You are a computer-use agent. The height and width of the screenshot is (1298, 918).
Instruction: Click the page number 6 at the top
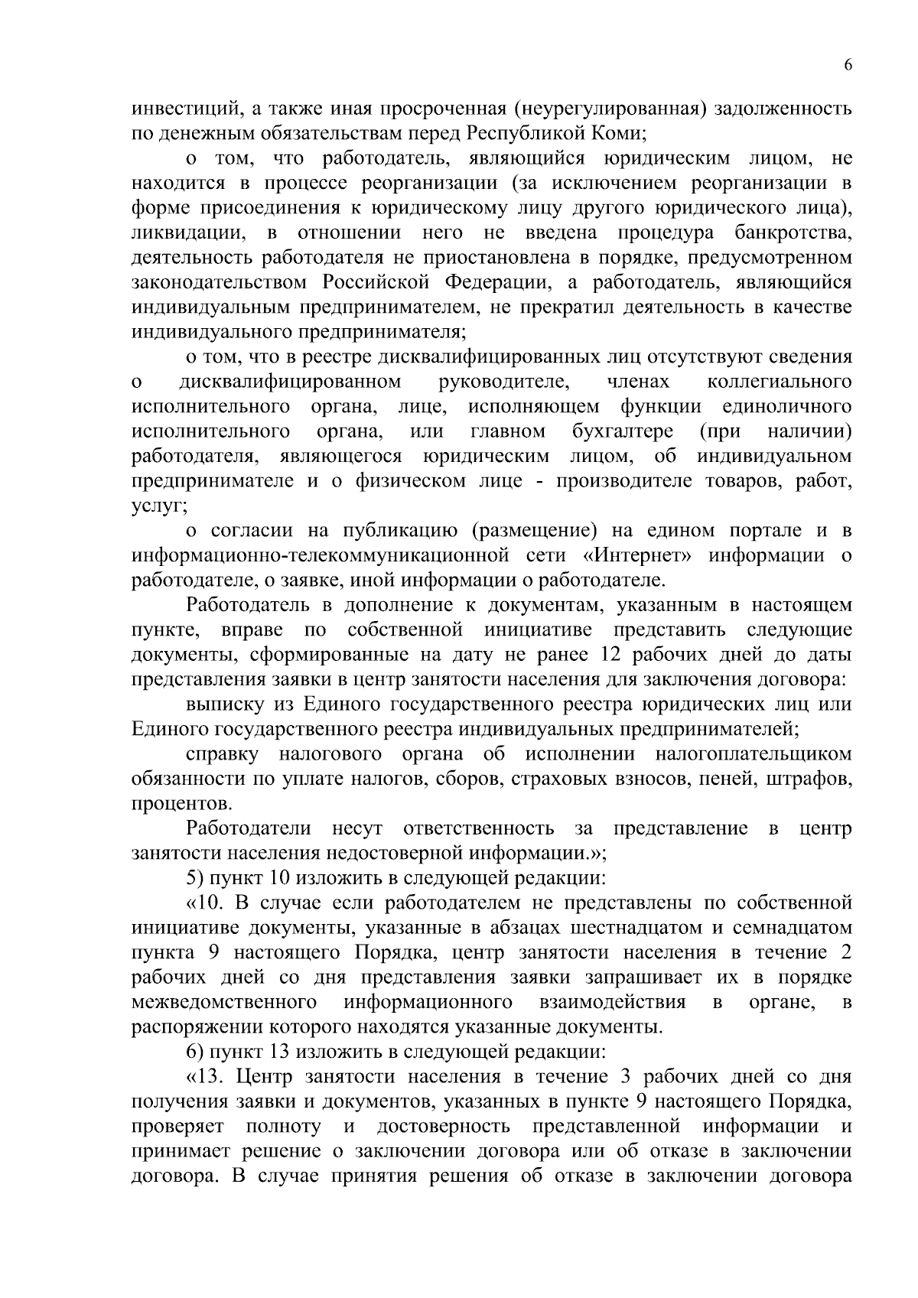coord(848,65)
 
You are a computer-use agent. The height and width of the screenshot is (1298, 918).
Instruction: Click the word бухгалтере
coord(622,431)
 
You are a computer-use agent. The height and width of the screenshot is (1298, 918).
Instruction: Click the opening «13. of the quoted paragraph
coord(204,1076)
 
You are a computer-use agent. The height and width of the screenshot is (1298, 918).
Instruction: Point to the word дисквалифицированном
coord(291,382)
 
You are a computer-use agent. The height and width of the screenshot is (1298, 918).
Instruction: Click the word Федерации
coord(499,282)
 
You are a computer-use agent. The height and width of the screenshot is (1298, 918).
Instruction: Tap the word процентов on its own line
coord(181,804)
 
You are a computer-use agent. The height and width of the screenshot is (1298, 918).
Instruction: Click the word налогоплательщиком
coord(754,754)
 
